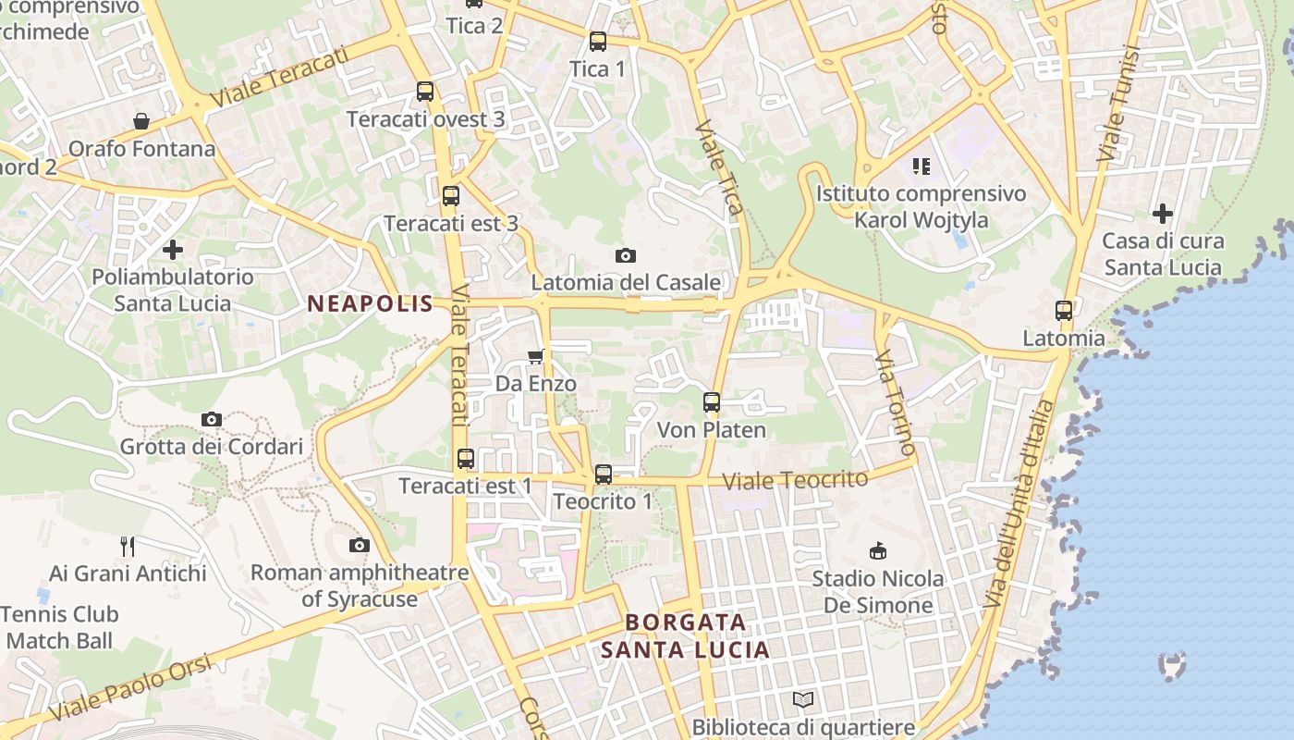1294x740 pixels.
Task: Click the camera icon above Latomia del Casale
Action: [x=626, y=255]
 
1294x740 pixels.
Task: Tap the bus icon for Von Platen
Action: [x=711, y=402]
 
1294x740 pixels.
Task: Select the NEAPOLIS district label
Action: [x=370, y=303]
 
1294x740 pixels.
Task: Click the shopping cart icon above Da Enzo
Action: [x=535, y=356]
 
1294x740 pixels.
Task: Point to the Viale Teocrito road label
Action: [x=795, y=480]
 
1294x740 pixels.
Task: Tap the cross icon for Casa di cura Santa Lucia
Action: [x=1162, y=214]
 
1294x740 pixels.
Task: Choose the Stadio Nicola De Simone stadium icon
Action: [x=877, y=551]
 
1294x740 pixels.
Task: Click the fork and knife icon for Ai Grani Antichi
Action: [x=128, y=547]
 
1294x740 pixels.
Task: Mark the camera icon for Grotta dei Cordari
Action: [x=212, y=420]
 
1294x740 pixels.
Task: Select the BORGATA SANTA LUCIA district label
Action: [x=685, y=635]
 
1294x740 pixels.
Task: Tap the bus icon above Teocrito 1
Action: [x=604, y=475]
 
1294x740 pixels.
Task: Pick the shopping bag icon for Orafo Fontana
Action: [x=141, y=121]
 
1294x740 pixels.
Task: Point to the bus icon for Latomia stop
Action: [x=1064, y=311]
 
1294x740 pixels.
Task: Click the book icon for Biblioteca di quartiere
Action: [x=803, y=700]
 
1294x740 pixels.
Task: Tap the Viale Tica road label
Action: [x=719, y=166]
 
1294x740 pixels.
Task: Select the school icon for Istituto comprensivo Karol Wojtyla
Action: [x=921, y=166]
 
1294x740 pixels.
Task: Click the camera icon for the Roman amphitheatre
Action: [x=360, y=546]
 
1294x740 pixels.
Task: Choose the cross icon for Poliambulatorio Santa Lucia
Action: [x=173, y=250]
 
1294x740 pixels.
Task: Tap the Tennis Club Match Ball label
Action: [x=60, y=627]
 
